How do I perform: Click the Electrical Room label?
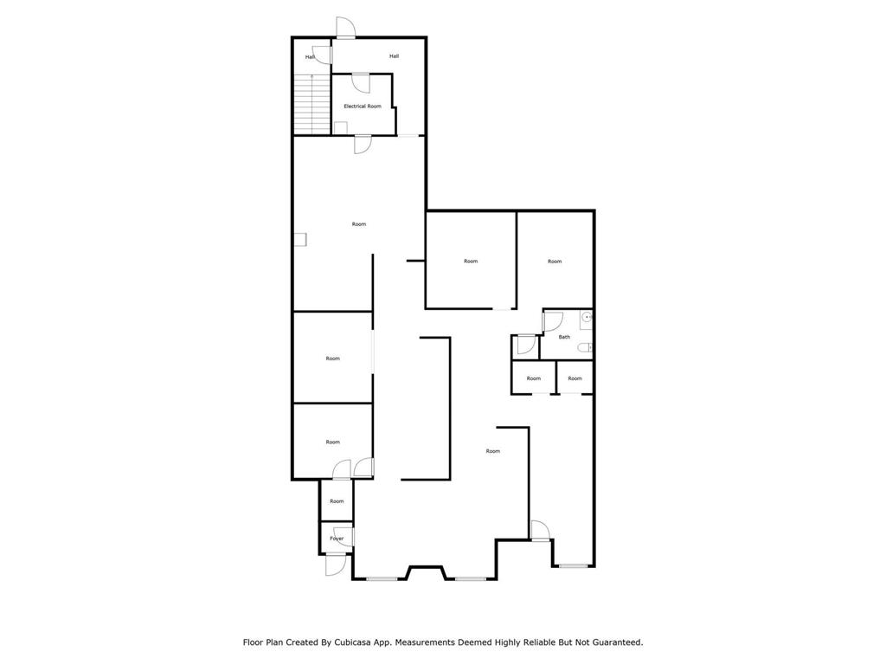click(363, 106)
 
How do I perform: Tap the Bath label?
click(564, 337)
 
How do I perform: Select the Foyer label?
click(337, 539)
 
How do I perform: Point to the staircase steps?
click(312, 104)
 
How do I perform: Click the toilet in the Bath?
click(585, 348)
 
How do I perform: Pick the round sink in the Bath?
click(587, 318)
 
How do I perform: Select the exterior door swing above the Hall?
click(345, 28)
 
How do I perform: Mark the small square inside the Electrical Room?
click(341, 128)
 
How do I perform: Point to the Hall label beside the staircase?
click(310, 57)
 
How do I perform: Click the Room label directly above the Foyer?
click(337, 501)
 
